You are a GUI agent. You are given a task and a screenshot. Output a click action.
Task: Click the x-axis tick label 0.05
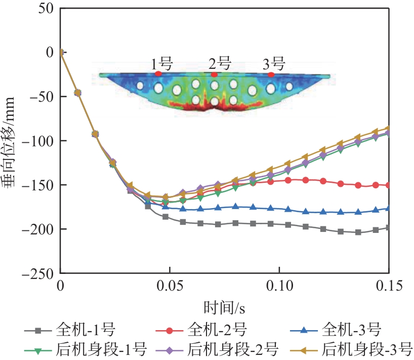click(x=170, y=288)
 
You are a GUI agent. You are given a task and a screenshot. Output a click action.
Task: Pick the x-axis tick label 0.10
click(x=279, y=288)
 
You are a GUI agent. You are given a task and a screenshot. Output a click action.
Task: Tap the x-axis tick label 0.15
click(x=389, y=288)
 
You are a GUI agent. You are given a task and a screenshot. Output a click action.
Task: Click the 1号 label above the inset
click(x=162, y=64)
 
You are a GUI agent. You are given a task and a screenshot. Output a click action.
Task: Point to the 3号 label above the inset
click(x=274, y=64)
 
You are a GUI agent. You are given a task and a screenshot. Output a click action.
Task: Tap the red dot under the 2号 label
click(x=215, y=74)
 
